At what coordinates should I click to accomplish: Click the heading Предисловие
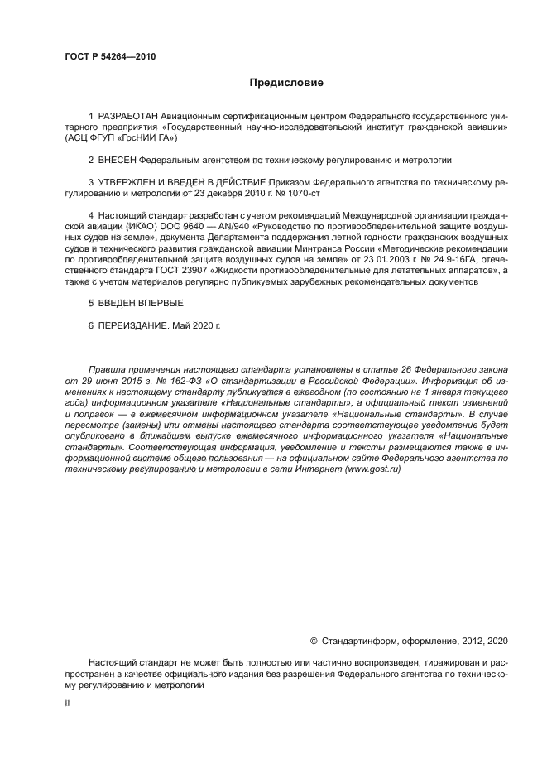(286, 83)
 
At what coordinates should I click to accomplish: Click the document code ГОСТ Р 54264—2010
(110, 57)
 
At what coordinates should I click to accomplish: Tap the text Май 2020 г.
(197, 325)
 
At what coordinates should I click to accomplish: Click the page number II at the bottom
(68, 703)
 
